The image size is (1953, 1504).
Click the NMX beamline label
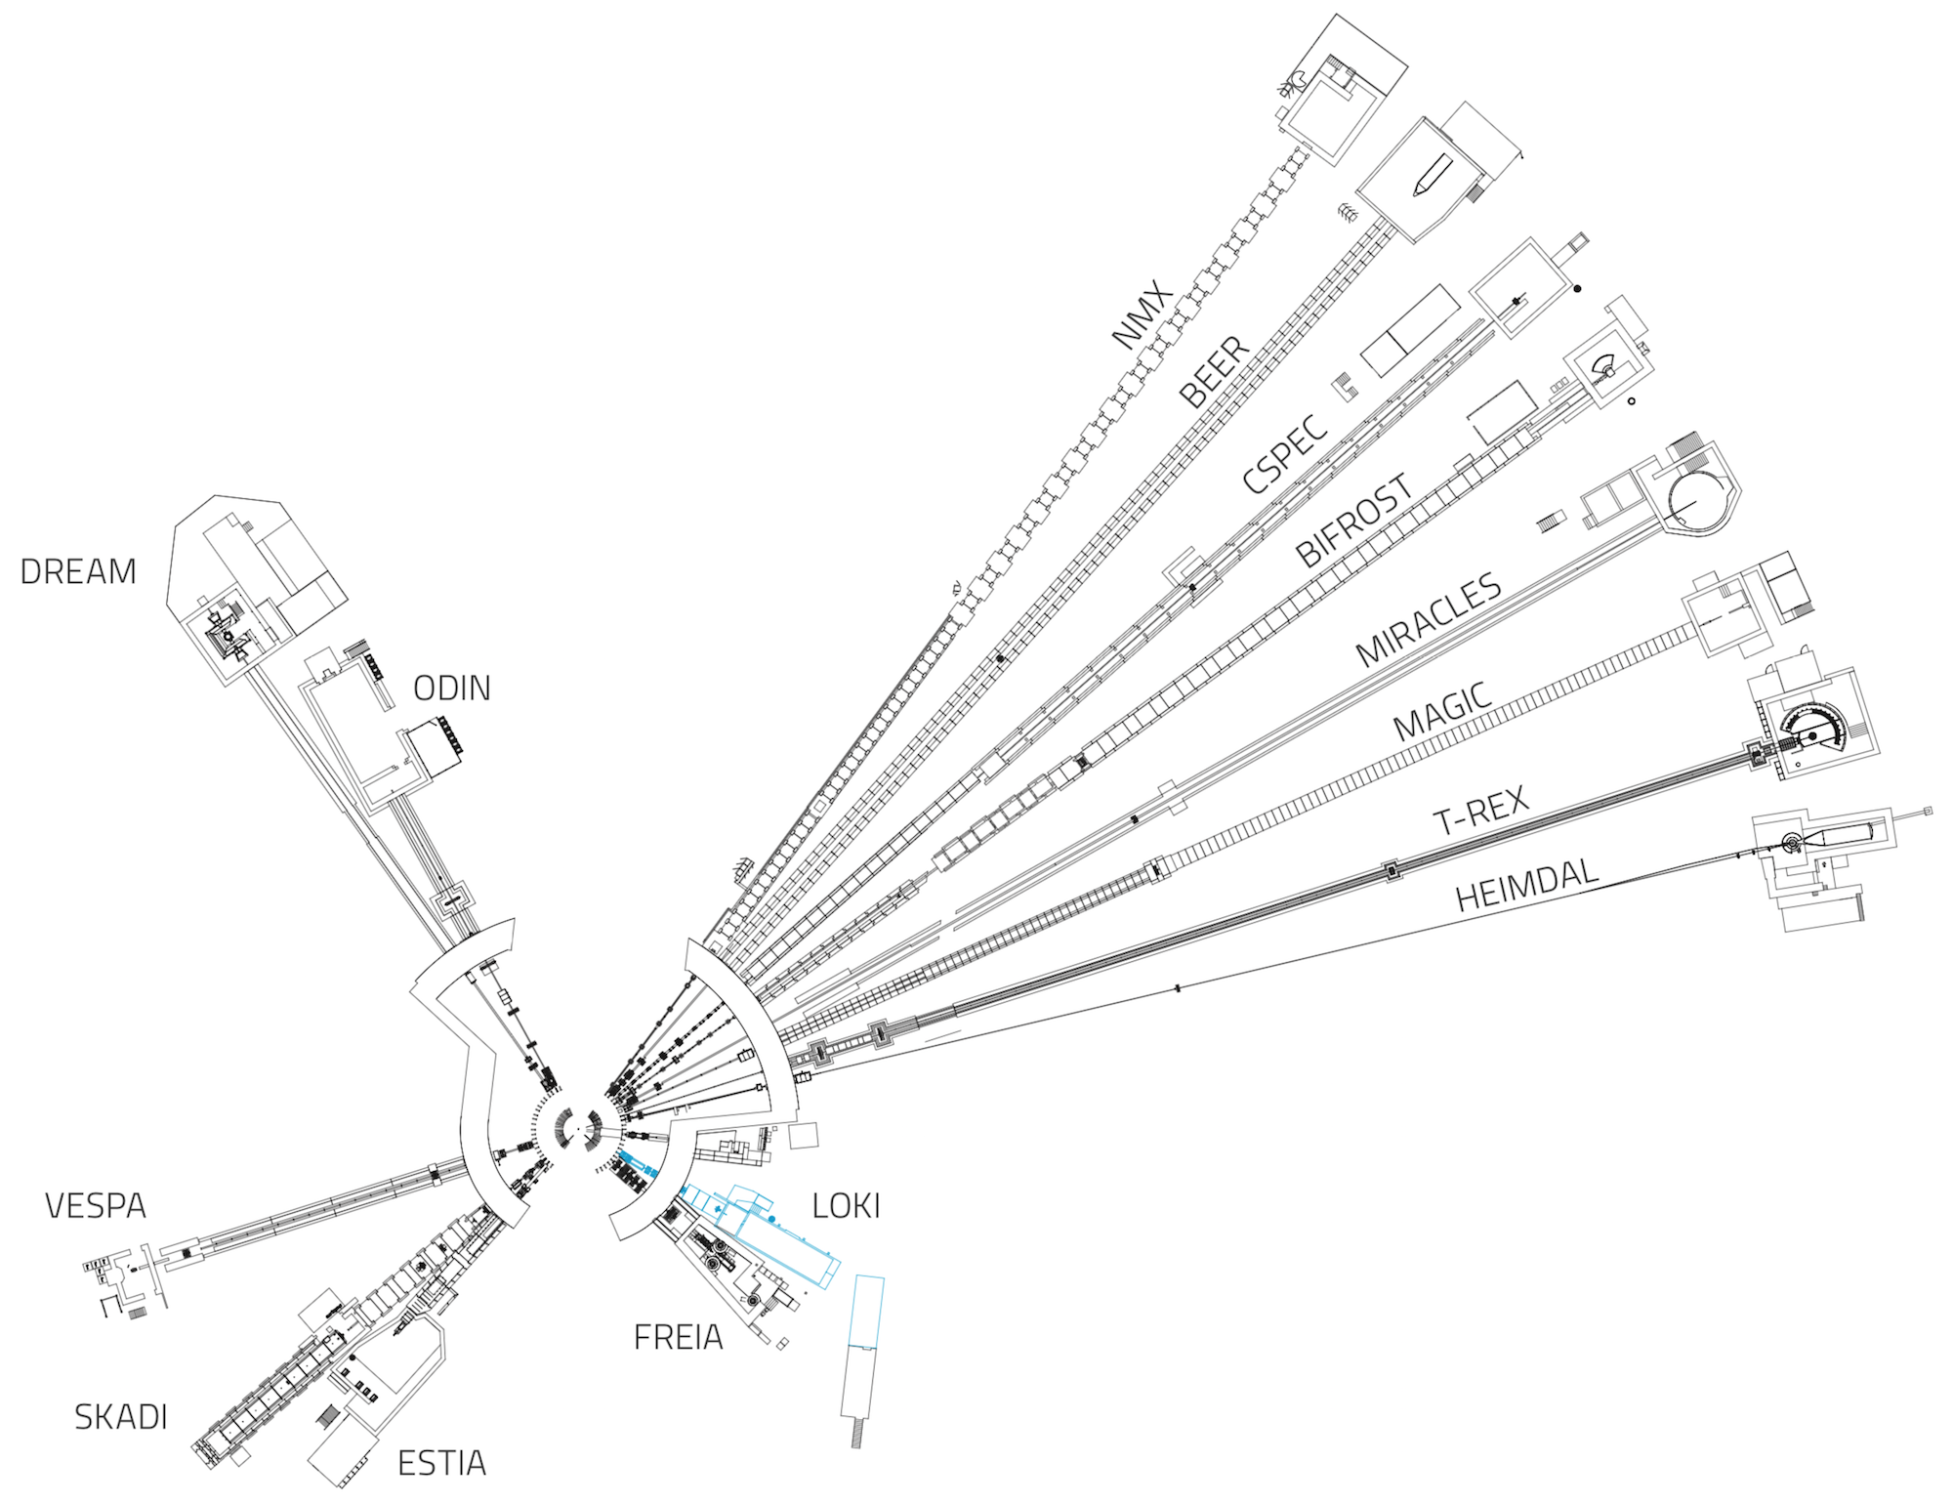[1143, 313]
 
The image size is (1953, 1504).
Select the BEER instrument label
[1214, 371]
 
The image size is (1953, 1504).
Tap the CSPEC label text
[1285, 453]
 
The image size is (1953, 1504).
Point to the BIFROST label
[1354, 521]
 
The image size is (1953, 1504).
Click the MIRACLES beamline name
[1429, 618]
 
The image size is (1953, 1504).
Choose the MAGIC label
[1443, 712]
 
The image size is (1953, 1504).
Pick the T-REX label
[1480, 810]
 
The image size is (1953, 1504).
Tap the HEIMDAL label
[1526, 884]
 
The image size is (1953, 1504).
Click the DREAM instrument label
[78, 572]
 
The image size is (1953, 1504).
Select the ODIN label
[451, 689]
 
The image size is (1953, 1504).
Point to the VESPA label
[96, 1207]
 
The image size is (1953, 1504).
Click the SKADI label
[121, 1417]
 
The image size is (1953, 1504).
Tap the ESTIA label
[441, 1463]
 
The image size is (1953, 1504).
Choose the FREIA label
[678, 1338]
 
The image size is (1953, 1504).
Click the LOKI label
[846, 1207]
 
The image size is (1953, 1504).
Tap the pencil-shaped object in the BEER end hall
[1432, 176]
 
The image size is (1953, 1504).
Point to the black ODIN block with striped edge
[435, 748]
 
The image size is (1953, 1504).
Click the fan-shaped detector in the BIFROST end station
[1604, 366]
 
